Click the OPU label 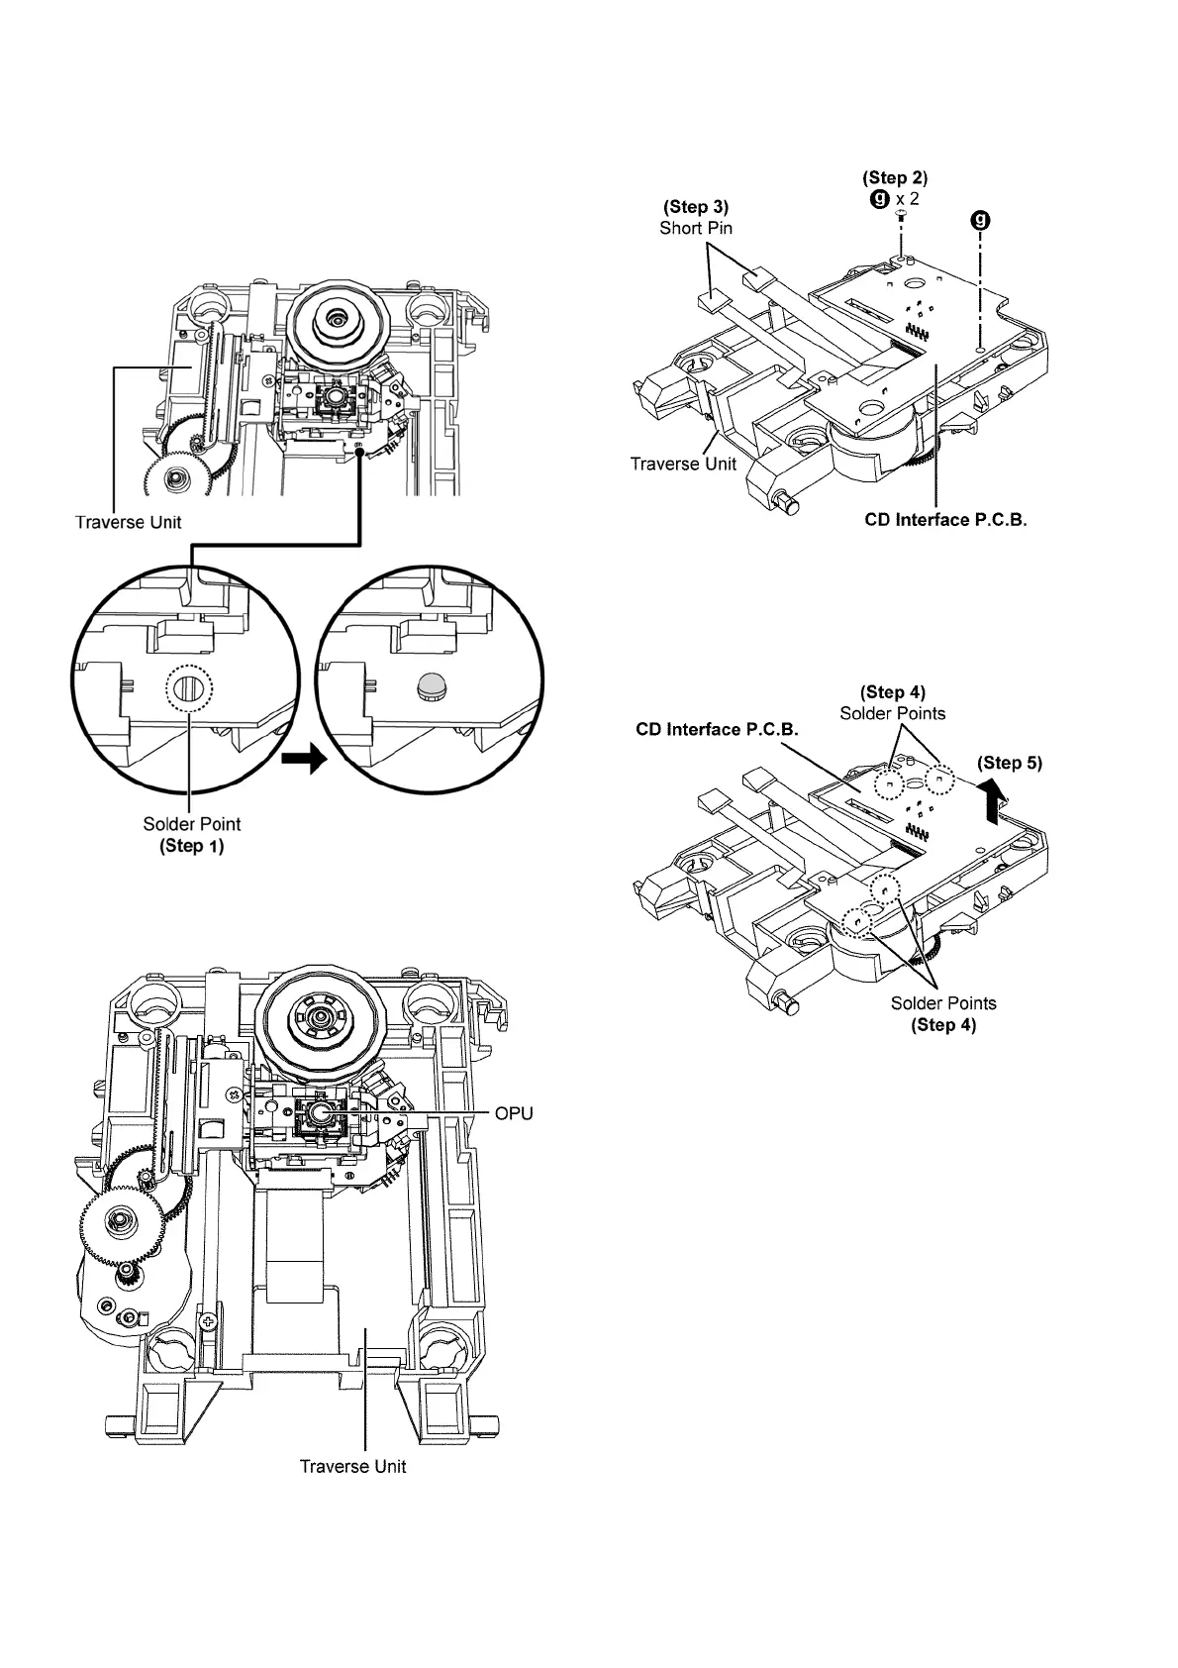(x=514, y=1113)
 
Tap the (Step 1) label (x=192, y=846)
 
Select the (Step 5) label (x=1010, y=763)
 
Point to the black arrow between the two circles (x=303, y=761)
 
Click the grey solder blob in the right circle (x=431, y=685)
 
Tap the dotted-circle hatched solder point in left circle (x=189, y=686)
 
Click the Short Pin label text (x=696, y=228)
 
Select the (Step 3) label (x=696, y=207)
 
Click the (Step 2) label (x=895, y=178)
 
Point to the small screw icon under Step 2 (x=901, y=214)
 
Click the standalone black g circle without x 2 (x=981, y=219)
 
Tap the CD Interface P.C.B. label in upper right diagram (x=945, y=520)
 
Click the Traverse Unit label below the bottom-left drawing (x=352, y=1466)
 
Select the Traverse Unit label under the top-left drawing (x=129, y=521)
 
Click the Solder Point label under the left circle (x=192, y=824)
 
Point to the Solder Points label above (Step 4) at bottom (x=943, y=1003)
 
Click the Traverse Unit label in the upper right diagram (x=683, y=464)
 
